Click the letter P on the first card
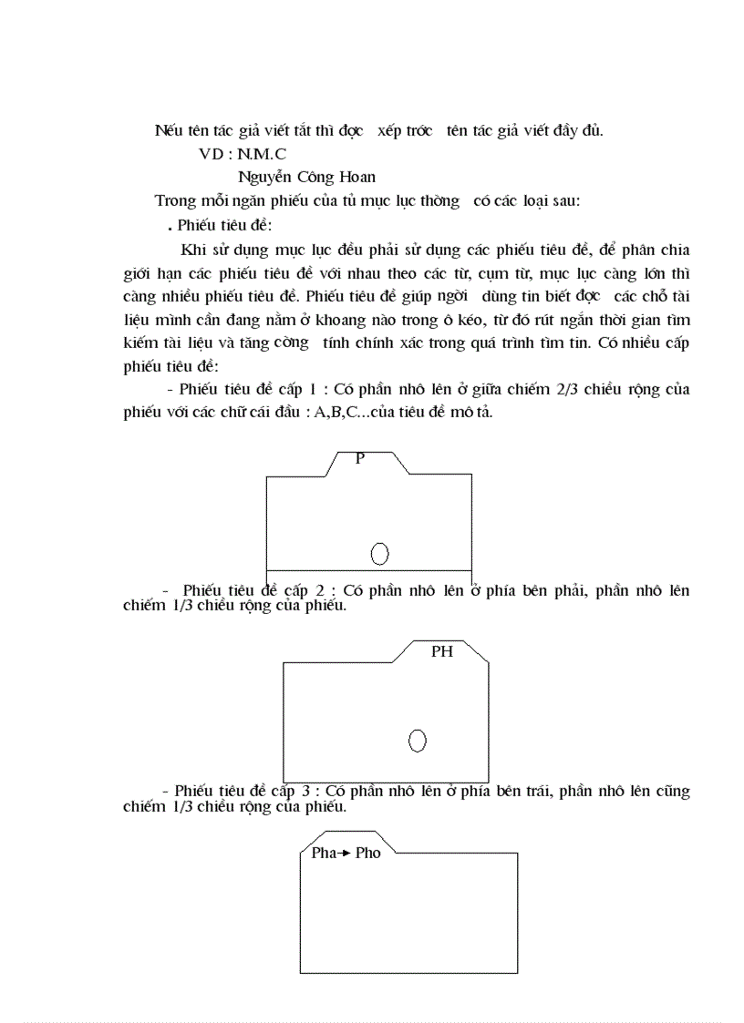coord(360,459)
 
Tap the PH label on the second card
coord(441,651)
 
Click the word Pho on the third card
coord(368,854)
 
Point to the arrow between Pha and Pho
coord(345,854)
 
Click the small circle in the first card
coord(381,553)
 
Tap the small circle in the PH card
coord(418,742)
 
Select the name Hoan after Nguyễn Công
coord(356,177)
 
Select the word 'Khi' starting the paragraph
coord(193,250)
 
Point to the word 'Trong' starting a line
coord(175,200)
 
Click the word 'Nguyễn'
coord(261,177)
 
